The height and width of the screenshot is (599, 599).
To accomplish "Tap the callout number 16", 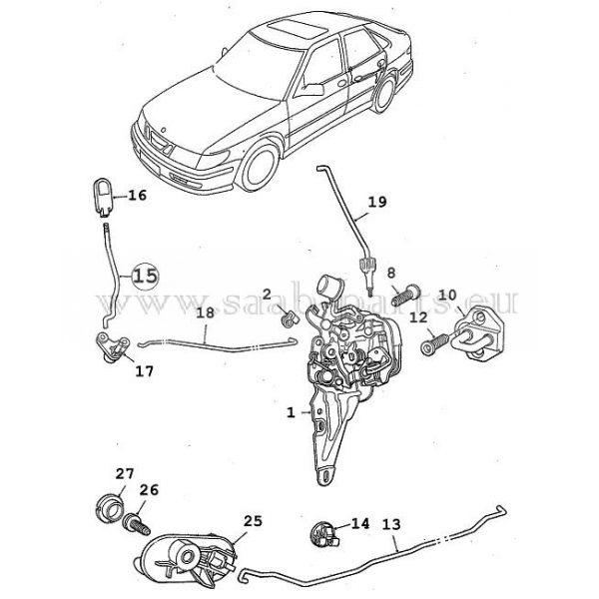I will pyautogui.click(x=137, y=196).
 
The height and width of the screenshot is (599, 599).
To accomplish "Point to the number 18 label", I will pyautogui.click(x=204, y=313).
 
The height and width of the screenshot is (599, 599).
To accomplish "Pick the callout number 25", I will pyautogui.click(x=253, y=521).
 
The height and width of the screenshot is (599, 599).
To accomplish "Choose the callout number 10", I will pyautogui.click(x=447, y=295).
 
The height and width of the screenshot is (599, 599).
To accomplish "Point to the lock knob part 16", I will pyautogui.click(x=102, y=193).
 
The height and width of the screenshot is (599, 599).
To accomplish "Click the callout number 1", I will pyautogui.click(x=291, y=410).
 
